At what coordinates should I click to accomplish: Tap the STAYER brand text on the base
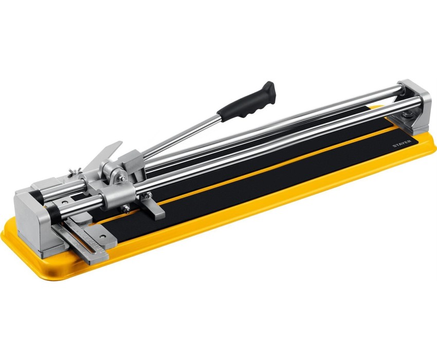pos(402,143)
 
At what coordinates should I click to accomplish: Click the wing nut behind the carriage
pos(75,171)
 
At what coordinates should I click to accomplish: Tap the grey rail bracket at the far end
pos(415,106)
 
